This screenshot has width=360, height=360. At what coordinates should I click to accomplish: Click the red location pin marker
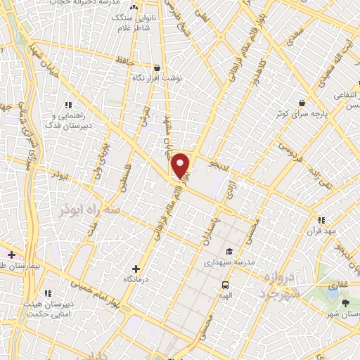pyautogui.click(x=180, y=166)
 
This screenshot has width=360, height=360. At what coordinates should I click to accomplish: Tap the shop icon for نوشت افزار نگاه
pyautogui.click(x=146, y=68)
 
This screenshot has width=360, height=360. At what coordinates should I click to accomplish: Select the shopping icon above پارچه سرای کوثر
pyautogui.click(x=302, y=103)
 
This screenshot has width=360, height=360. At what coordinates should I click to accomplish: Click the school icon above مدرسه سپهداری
pyautogui.click(x=229, y=252)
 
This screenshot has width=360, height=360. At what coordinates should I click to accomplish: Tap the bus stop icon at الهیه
pyautogui.click(x=225, y=285)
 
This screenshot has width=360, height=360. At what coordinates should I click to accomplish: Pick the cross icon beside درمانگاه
pyautogui.click(x=136, y=268)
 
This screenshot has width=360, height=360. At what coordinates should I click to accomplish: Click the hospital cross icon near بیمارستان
pyautogui.click(x=11, y=253)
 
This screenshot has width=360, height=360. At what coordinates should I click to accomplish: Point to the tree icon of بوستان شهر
pyautogui.click(x=345, y=303)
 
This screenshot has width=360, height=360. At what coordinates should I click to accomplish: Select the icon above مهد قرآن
pyautogui.click(x=321, y=220)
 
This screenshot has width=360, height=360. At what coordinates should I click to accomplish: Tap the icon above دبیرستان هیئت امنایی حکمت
pyautogui.click(x=48, y=293)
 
